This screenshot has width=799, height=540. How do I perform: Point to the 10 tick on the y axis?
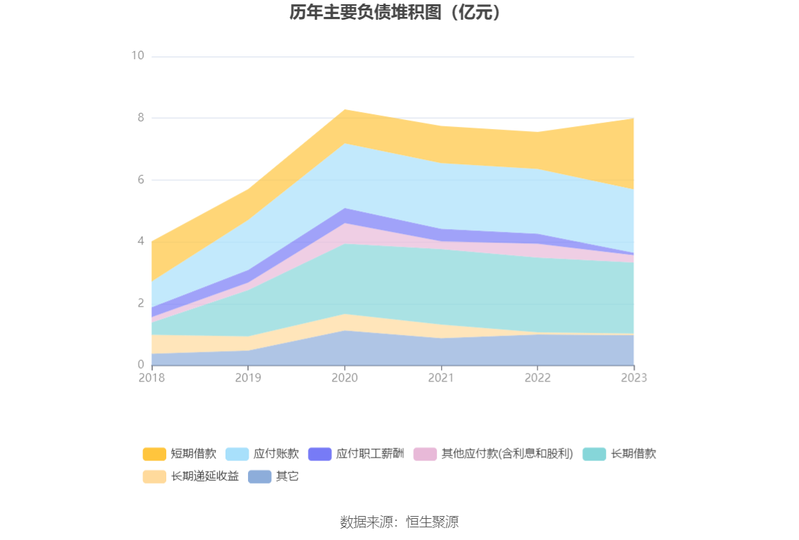click(137, 56)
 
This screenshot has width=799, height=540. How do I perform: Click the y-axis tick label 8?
click(141, 118)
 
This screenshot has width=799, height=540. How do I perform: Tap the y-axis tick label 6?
click(141, 180)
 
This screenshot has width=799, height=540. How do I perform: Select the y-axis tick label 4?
click(141, 241)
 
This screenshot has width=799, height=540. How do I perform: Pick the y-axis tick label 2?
click(141, 303)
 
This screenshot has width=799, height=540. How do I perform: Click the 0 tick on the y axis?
click(141, 364)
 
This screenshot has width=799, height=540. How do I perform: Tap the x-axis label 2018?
click(151, 378)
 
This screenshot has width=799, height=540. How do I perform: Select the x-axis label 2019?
click(248, 378)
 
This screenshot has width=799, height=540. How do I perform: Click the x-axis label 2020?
click(345, 378)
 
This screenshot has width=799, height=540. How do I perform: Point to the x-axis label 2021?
click(441, 378)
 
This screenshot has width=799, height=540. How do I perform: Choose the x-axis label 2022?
click(538, 378)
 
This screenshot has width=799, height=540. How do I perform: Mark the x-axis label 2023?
click(634, 378)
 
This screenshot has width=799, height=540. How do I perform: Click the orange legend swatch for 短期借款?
click(154, 454)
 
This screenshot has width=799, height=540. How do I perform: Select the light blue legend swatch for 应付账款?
click(237, 454)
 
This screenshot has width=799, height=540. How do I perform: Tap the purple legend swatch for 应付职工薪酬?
click(320, 454)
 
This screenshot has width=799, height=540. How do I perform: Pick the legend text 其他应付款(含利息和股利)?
click(507, 454)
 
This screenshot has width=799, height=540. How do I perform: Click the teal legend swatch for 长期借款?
click(594, 454)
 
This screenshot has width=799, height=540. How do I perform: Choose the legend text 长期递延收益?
click(204, 477)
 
